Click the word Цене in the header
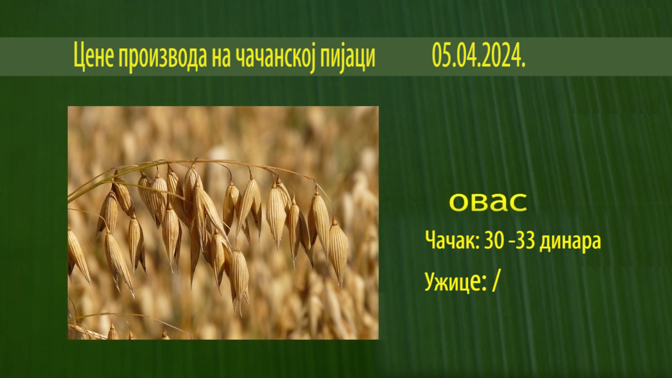93,56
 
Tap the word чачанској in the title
275,58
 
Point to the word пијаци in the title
349,58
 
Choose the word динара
570,243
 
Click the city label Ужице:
455,281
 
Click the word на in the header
222,58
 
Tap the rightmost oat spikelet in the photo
338,252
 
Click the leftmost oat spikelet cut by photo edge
78,255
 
